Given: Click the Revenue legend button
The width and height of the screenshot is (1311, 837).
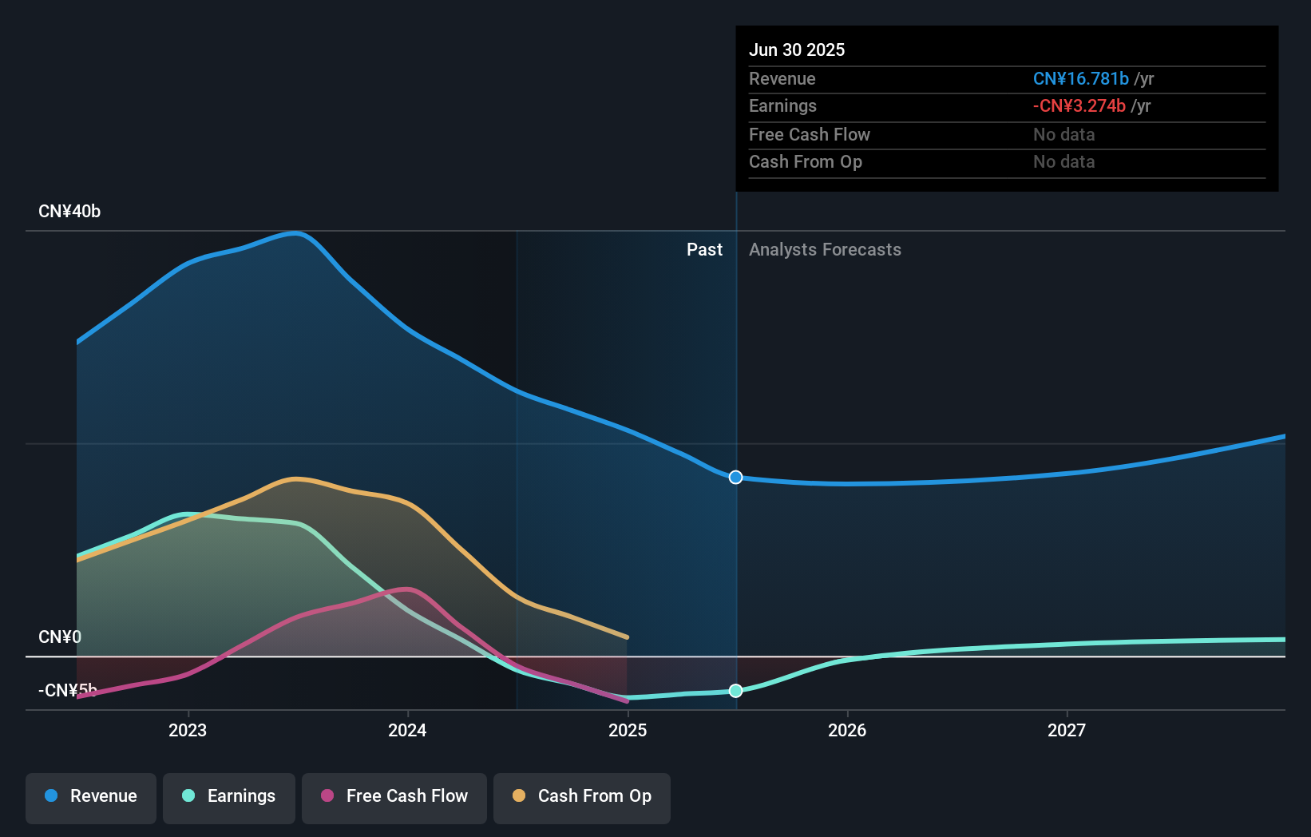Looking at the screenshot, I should [x=91, y=797].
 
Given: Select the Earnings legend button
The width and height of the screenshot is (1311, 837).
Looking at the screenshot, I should [x=229, y=797].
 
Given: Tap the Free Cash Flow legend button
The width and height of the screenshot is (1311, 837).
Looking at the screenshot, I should [x=394, y=797].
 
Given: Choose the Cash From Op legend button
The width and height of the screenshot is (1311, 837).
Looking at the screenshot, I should [x=582, y=797].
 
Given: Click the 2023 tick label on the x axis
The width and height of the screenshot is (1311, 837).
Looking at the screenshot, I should [x=188, y=730].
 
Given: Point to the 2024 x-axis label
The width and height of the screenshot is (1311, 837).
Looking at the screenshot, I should [x=407, y=730].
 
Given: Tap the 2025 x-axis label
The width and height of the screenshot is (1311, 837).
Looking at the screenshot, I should [x=628, y=730].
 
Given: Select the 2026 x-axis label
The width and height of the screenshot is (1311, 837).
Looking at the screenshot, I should [x=847, y=730].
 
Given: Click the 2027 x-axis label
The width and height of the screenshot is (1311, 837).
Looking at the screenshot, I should [x=1067, y=730].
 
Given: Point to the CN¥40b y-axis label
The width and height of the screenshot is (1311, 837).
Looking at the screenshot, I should [x=69, y=212].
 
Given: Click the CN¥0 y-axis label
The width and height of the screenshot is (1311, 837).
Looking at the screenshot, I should [x=60, y=637].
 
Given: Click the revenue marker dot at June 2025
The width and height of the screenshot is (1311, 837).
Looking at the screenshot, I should [x=736, y=477].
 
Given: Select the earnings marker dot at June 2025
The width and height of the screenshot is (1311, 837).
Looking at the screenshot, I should [x=736, y=691].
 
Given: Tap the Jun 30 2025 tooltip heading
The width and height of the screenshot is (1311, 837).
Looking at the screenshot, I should [x=797, y=50].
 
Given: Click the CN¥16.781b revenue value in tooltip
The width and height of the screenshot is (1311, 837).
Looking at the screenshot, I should [x=1080, y=78].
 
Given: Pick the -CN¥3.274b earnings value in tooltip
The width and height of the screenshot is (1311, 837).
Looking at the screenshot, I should [x=1079, y=105].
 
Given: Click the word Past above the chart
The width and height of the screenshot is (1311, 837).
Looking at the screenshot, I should [x=704, y=250].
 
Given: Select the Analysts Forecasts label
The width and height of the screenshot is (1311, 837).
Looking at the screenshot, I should [x=825, y=250].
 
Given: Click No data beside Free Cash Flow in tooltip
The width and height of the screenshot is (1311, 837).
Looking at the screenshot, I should [x=1063, y=134].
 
